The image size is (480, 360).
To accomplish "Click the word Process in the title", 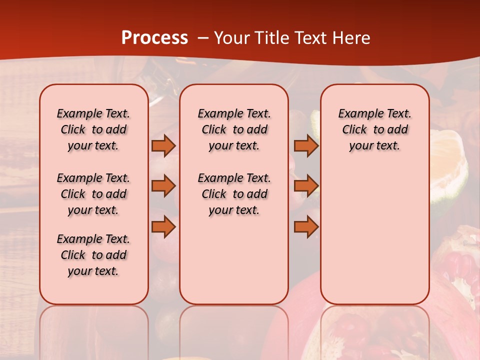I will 154,38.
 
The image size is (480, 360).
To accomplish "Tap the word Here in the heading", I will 352,38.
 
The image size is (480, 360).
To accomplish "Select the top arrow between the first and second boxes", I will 163,145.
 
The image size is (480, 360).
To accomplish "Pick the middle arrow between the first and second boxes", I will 163,186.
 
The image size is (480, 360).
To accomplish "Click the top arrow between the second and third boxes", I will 306,145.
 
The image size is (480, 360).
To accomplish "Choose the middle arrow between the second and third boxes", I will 306,186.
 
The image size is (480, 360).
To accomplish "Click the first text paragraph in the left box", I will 93,129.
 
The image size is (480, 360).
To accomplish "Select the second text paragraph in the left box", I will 93,194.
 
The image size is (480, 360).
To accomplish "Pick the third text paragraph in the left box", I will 93,255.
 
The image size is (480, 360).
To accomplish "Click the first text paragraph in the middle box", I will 234,129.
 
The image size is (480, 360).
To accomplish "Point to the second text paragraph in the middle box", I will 234,194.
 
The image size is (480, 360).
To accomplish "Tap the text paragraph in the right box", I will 374,129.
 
